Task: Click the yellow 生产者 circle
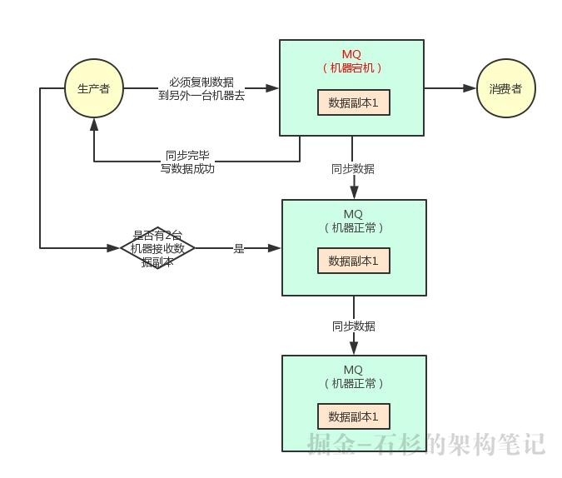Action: coord(93,88)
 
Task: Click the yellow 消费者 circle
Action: coord(505,88)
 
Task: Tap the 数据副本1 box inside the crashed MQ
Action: coord(353,102)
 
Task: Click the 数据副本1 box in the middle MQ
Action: coord(353,261)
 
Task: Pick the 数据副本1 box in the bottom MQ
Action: coord(353,416)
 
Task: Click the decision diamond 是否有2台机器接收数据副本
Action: coord(157,248)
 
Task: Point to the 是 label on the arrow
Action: coord(239,248)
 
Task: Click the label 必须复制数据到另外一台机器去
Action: coord(201,88)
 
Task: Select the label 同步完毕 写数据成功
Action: coord(187,162)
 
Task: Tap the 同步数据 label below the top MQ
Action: coord(353,168)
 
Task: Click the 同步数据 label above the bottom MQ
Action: coord(353,326)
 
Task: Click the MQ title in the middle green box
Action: coord(353,214)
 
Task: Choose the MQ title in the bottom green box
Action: coord(353,370)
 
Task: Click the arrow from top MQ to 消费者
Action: coord(450,87)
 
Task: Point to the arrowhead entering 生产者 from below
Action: coord(94,123)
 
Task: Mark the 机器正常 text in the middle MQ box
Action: coord(353,227)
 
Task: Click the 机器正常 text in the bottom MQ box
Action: coord(353,383)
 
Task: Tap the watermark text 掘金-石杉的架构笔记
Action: coord(425,444)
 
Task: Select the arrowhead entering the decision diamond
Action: coord(116,248)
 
